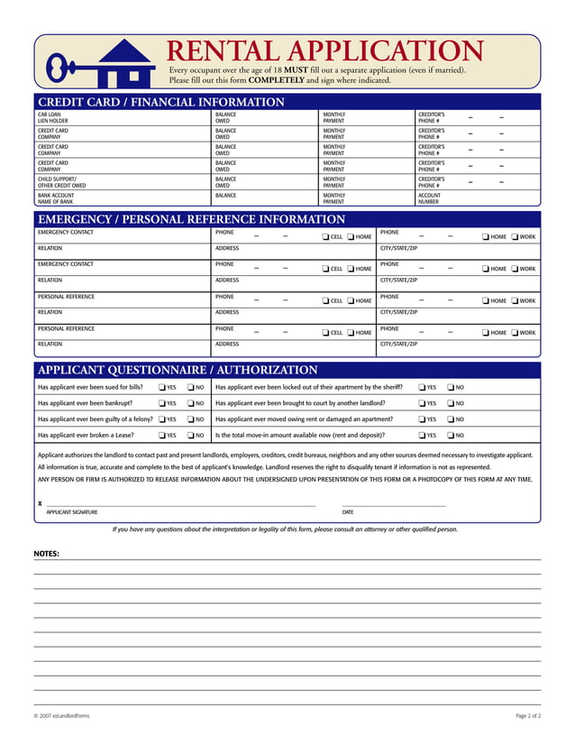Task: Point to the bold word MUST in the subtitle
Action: coord(297,70)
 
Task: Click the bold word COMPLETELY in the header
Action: coord(276,80)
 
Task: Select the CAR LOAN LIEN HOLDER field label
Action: coord(52,118)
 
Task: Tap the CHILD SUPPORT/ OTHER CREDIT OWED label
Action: coord(61,182)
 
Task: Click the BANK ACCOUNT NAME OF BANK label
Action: coord(55,198)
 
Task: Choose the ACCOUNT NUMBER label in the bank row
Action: coord(430,198)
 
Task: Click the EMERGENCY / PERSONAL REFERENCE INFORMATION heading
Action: coord(190,219)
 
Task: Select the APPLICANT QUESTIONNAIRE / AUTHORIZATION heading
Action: coord(177,370)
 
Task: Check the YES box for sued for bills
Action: coord(161,388)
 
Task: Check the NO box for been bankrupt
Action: coord(190,404)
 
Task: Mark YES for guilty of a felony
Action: coord(161,419)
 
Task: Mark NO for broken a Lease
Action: coord(190,436)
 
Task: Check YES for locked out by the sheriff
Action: coord(421,388)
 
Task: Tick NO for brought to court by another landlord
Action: coord(450,404)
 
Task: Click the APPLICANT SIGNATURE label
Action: coord(72,512)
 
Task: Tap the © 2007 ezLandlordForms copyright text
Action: coord(62,715)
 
